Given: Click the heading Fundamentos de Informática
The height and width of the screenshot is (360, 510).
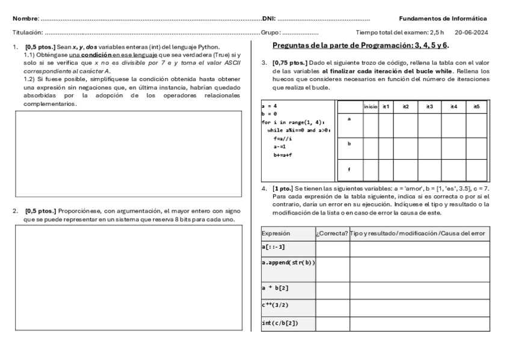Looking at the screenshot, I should pos(443,19).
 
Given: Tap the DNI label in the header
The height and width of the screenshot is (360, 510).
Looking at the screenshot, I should pos(268,19).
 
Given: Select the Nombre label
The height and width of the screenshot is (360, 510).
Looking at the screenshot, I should pos(25,19).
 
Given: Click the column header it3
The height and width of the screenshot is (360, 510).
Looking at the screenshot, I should pos(429,106).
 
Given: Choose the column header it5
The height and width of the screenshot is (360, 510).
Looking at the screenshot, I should pos(476,106).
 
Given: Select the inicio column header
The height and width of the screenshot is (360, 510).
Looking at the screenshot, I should pos(370,106).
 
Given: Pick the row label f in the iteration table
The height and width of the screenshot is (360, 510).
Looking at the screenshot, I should pos(349,169).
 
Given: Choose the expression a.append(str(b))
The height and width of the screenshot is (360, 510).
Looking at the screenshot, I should pos(288,263).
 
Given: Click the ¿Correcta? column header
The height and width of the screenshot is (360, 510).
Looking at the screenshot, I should pos(332,233).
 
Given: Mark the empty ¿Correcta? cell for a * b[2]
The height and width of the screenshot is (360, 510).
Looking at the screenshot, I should pos(332,290).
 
